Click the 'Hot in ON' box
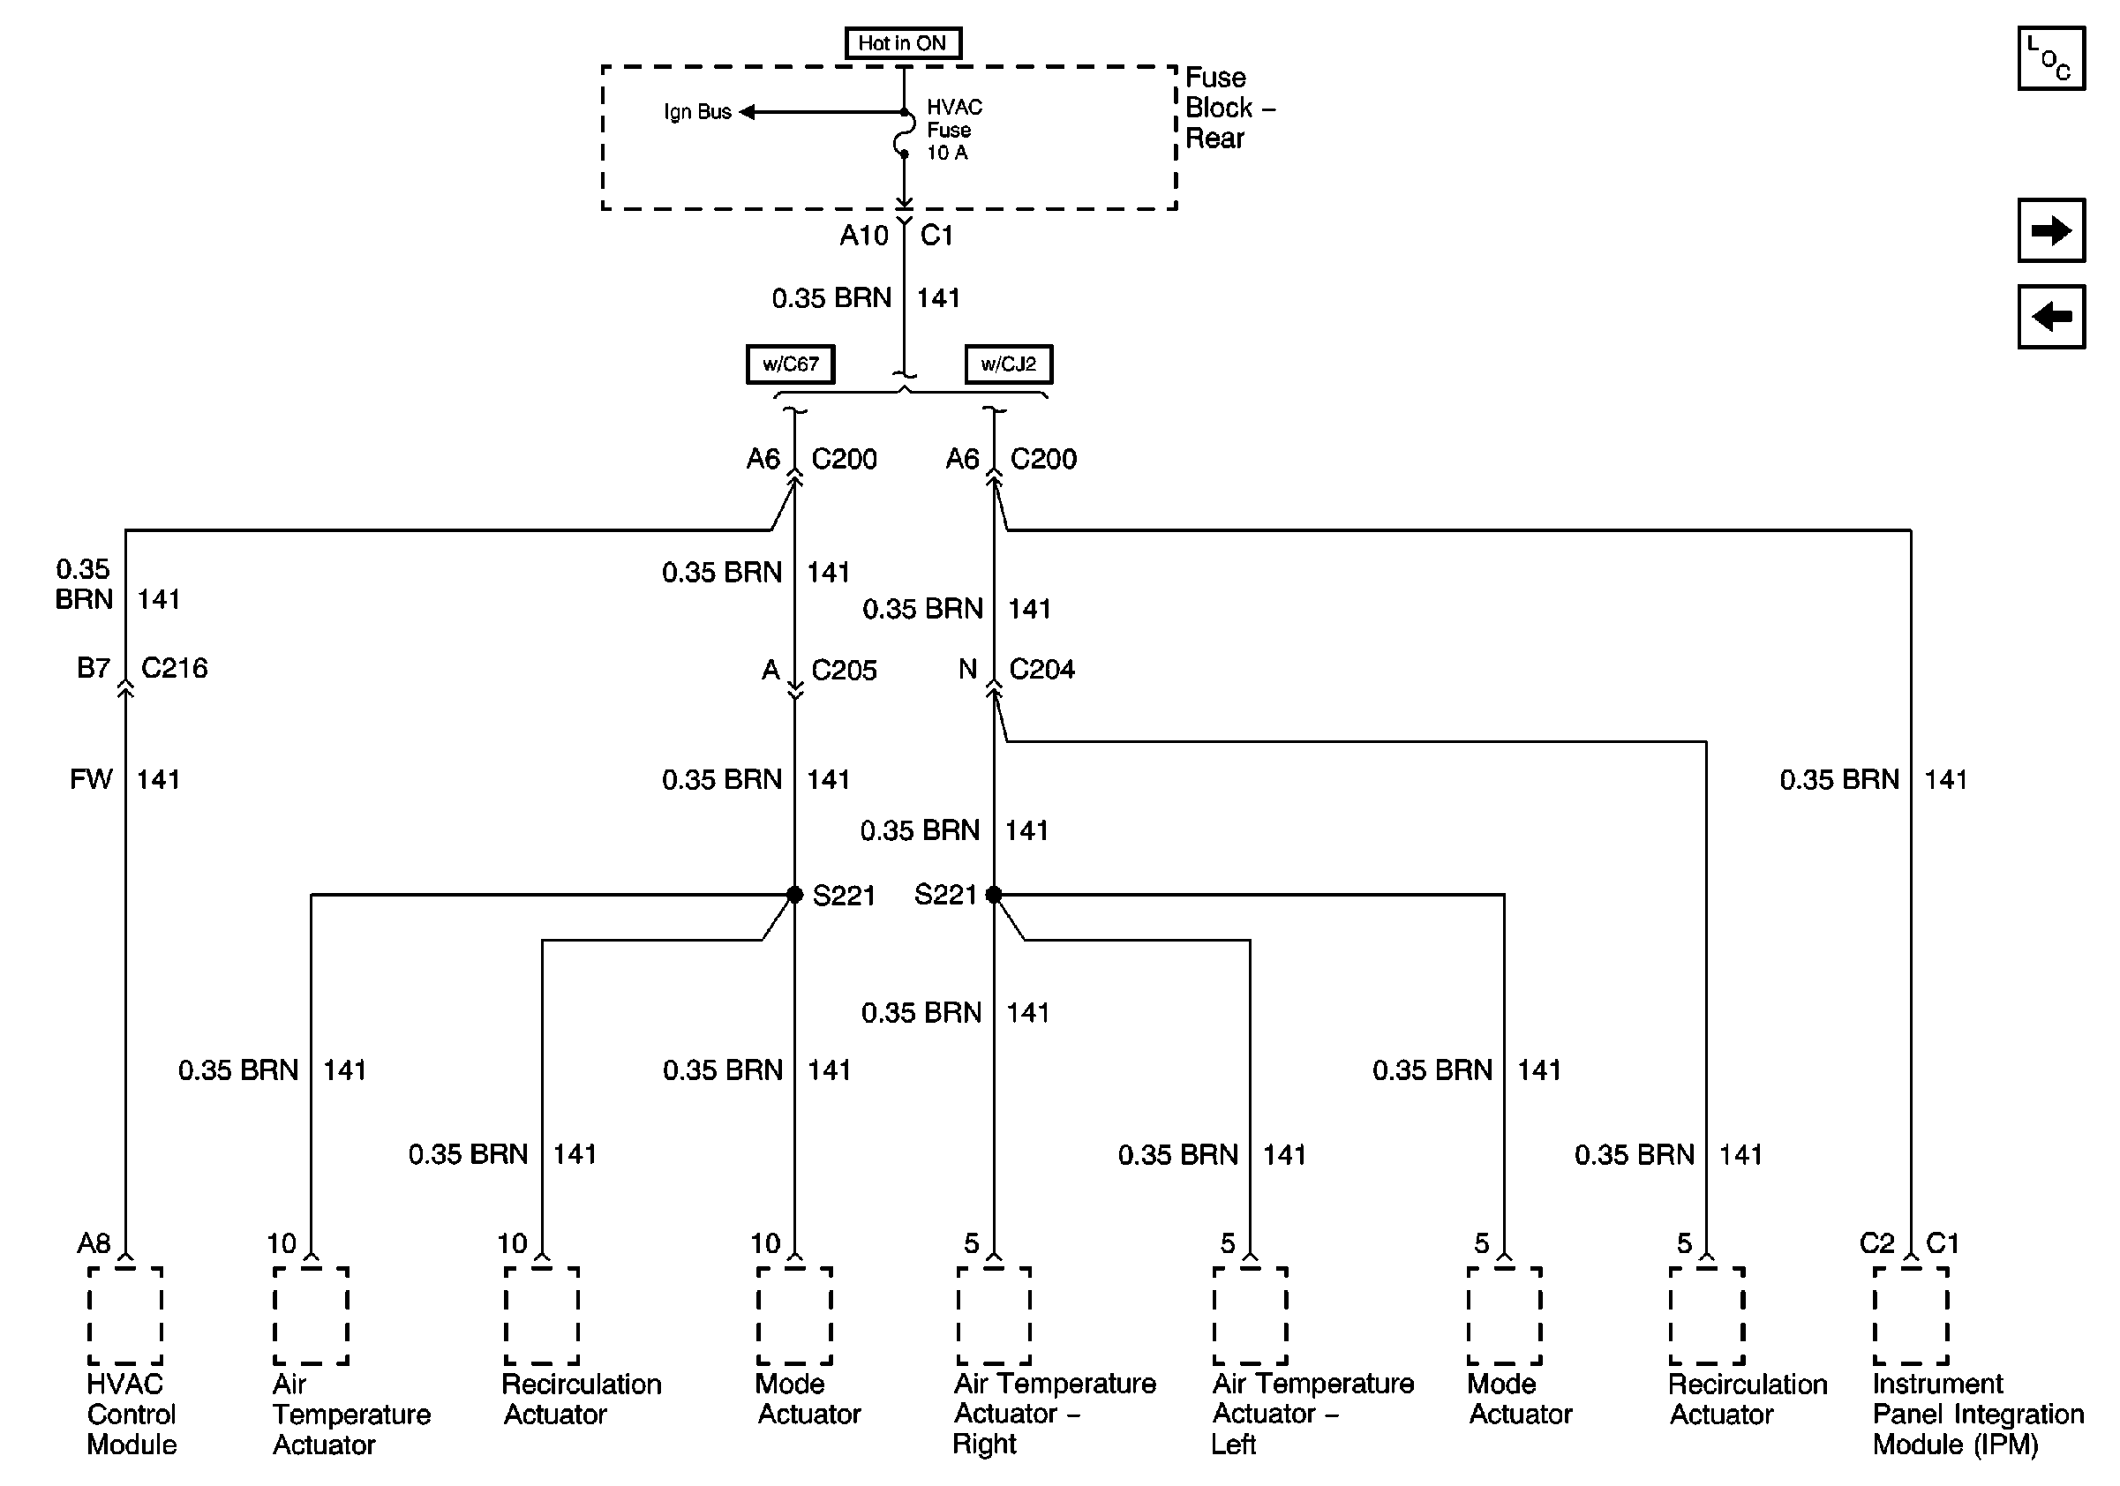[902, 43]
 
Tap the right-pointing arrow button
[2051, 230]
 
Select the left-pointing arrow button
[2051, 317]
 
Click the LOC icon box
[2051, 59]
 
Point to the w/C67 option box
[791, 364]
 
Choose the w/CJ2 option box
[1008, 364]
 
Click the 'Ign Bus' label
[697, 112]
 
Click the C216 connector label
[175, 667]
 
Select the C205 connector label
[844, 670]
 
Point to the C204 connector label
[1042, 669]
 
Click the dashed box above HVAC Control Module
[125, 1315]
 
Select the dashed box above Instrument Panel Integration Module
[1911, 1315]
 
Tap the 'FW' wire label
[91, 780]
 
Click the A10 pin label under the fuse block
[863, 236]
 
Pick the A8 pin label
[94, 1243]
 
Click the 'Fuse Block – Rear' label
[1228, 108]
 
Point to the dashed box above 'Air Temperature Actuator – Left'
[1251, 1315]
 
